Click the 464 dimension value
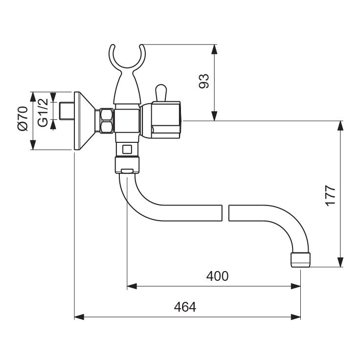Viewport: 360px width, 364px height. point(185,307)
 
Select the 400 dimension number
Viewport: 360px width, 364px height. point(217,276)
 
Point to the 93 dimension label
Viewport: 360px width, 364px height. point(203,81)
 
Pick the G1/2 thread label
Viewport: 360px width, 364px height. point(43,113)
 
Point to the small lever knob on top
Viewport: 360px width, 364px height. point(161,92)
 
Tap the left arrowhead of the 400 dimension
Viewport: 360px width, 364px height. point(131,286)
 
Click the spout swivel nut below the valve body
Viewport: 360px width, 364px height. point(128,164)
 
